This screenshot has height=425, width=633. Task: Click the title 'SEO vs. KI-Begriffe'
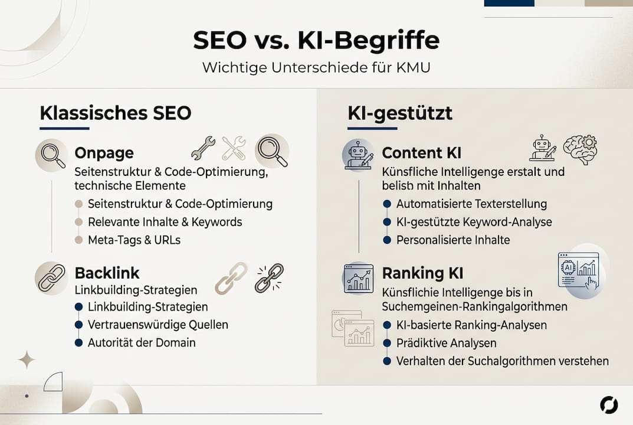(x=316, y=41)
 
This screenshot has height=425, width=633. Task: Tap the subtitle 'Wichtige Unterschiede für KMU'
(x=316, y=67)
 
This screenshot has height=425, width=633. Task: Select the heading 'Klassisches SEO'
(x=116, y=113)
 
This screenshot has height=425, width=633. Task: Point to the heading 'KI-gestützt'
(x=400, y=113)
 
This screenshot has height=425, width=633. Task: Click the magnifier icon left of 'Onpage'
(x=51, y=155)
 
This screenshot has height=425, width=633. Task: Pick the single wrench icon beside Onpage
(x=203, y=148)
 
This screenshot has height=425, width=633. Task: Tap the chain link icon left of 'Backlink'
(x=51, y=277)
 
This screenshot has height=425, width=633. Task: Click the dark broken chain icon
(x=269, y=278)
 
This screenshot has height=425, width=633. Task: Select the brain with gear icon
(x=580, y=149)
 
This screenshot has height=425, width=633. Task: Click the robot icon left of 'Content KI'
(x=358, y=155)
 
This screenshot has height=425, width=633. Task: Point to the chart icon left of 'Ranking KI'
(x=359, y=279)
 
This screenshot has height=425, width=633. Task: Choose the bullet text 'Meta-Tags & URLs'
(x=134, y=240)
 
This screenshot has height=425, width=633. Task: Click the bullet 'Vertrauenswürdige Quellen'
(x=158, y=325)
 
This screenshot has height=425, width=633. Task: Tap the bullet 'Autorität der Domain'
(x=142, y=342)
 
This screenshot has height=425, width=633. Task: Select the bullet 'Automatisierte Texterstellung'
(x=471, y=204)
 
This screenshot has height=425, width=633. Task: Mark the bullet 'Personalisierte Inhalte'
(x=453, y=240)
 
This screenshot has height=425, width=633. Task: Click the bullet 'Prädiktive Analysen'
(x=446, y=343)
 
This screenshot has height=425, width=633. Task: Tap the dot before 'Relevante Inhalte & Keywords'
(x=78, y=223)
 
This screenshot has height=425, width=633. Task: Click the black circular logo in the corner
(x=609, y=405)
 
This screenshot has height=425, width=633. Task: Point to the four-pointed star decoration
(x=26, y=359)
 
